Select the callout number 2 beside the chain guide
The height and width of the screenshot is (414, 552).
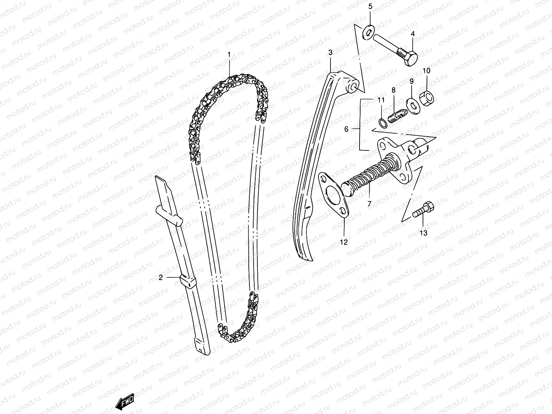(160, 277)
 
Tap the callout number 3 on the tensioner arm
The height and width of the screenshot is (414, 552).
(330, 52)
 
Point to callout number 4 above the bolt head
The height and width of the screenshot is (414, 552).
(413, 34)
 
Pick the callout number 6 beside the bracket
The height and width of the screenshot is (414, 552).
(346, 129)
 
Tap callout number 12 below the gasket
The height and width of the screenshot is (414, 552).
(344, 242)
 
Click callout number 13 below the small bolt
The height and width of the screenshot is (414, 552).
(423, 233)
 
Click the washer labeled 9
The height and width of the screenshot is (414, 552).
(412, 105)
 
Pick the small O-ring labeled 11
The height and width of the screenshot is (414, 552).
(382, 122)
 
